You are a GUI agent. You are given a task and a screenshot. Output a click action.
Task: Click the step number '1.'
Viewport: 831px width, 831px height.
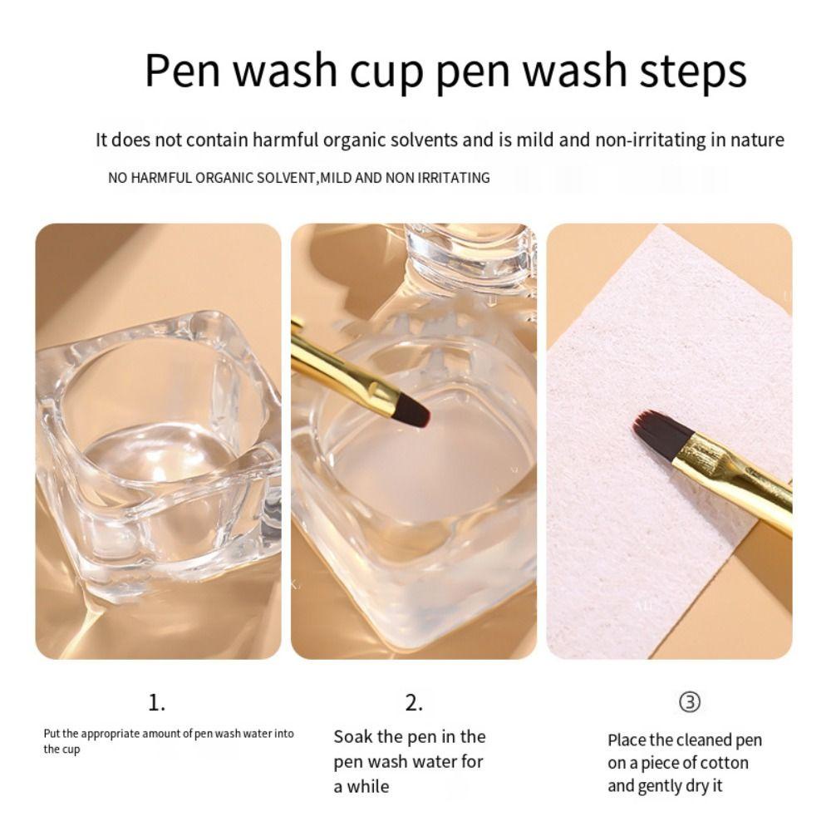pyautogui.click(x=156, y=703)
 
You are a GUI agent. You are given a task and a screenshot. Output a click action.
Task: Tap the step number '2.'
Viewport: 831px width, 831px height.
pyautogui.click(x=414, y=703)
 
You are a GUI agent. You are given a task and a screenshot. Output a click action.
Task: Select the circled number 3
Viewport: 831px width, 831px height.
pyautogui.click(x=689, y=703)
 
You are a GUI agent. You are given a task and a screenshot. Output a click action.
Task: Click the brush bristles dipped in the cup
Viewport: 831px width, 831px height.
pyautogui.click(x=413, y=406)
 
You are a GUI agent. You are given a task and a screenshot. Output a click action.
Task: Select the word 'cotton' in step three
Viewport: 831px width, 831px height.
pyautogui.click(x=722, y=763)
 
